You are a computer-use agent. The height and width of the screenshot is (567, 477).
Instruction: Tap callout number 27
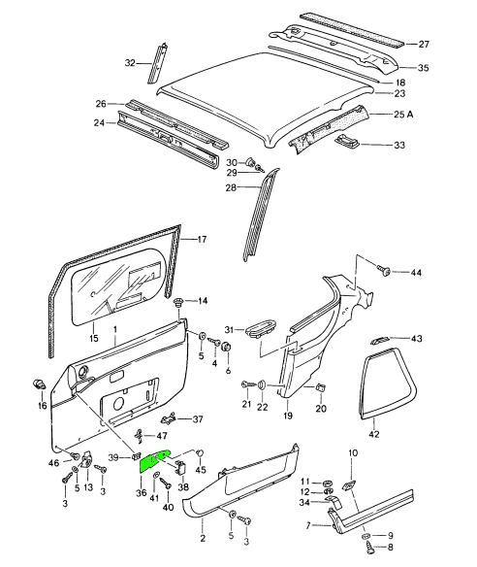point(423,45)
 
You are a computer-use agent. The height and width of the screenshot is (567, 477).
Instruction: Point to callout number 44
point(417,273)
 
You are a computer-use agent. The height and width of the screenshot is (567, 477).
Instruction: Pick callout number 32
point(130,63)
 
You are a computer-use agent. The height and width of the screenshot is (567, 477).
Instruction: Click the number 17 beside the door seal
point(202,239)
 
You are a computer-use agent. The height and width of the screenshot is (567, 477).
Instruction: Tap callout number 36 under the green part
point(142,493)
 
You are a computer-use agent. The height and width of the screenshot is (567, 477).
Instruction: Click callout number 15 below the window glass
point(93,339)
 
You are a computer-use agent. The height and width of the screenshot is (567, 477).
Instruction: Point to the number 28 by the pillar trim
point(232,186)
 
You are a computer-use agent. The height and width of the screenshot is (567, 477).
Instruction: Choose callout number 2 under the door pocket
point(203,537)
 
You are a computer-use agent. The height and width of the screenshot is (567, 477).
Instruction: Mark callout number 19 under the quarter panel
point(287,416)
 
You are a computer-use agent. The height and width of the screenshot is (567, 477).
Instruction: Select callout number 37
point(197,419)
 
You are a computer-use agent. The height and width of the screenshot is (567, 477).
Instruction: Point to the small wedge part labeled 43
point(380,340)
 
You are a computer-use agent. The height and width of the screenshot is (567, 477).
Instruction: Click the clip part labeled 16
point(42,380)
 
